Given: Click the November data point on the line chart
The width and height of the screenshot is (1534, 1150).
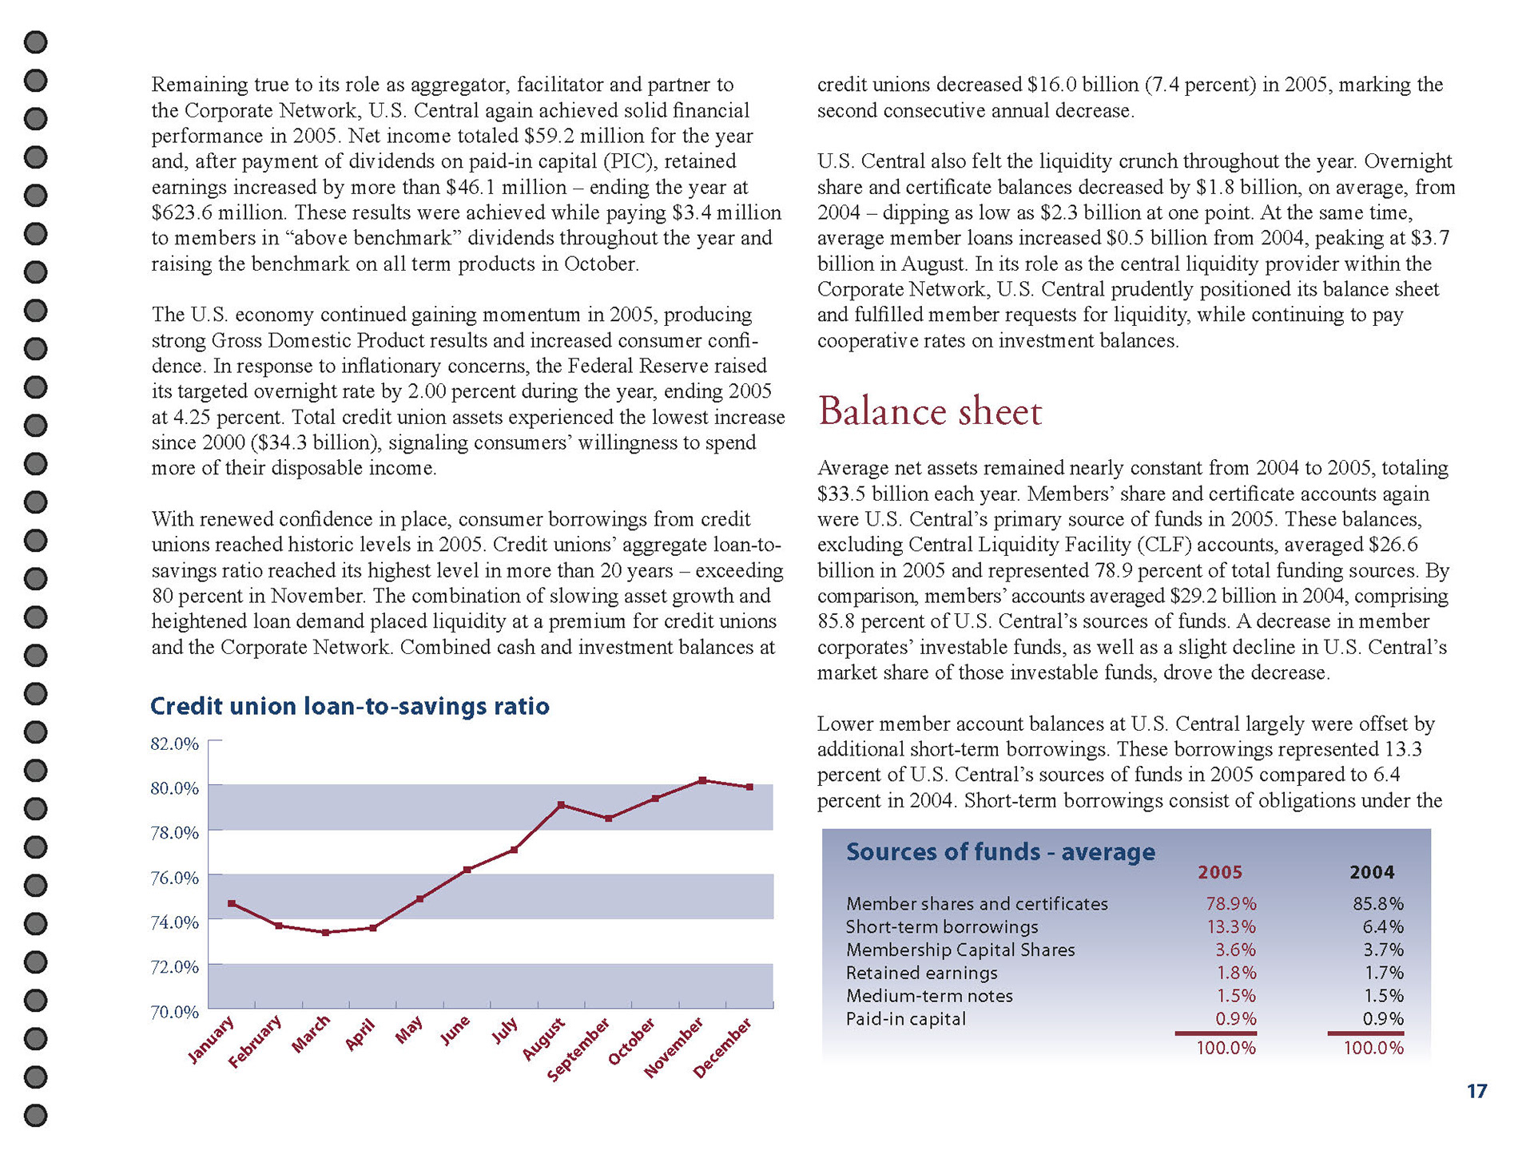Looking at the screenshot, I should click(702, 780).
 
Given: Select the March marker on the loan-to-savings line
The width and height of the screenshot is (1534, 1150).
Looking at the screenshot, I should click(325, 933).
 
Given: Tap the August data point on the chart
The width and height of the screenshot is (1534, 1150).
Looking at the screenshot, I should click(561, 805).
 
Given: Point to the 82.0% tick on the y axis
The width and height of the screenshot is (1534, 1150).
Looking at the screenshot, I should click(174, 744).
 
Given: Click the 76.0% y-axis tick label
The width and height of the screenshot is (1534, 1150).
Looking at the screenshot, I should click(174, 878).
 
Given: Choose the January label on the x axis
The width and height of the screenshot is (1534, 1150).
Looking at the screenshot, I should click(211, 1040).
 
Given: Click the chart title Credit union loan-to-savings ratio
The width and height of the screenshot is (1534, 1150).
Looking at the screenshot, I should click(350, 707).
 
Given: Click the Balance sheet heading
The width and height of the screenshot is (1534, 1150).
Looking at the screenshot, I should click(930, 412).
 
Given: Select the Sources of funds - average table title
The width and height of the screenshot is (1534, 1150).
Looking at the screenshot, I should click(1000, 852).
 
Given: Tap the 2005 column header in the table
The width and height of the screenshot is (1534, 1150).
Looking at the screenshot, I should click(1220, 873).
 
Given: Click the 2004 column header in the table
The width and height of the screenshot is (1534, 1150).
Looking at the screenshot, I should click(1372, 873).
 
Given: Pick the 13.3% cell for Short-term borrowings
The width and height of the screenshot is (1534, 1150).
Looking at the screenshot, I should click(1230, 927).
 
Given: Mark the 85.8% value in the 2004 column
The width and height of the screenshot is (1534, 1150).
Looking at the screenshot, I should click(1378, 904).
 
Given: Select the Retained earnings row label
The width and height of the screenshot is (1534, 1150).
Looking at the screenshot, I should click(922, 974).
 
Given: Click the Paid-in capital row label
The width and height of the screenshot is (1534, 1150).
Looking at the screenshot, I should click(906, 1019).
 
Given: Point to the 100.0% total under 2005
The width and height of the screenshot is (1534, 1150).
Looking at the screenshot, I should click(1226, 1049).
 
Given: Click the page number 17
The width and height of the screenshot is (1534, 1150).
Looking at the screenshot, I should click(1476, 1092).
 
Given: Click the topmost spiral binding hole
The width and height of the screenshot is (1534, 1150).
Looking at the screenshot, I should click(36, 42).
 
